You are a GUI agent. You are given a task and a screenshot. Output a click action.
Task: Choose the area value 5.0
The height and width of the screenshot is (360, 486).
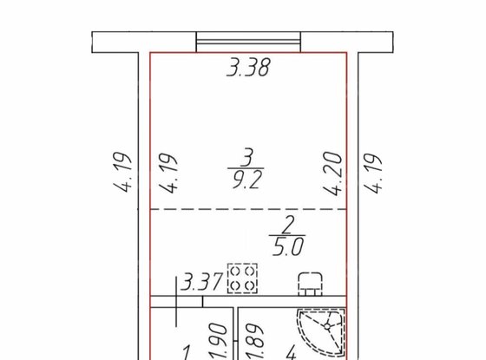click(x=283, y=245)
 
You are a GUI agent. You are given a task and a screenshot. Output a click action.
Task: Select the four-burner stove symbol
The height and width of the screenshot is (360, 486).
click(x=240, y=278)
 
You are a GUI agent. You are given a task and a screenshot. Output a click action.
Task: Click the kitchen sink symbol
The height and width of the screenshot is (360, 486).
click(x=310, y=282)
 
